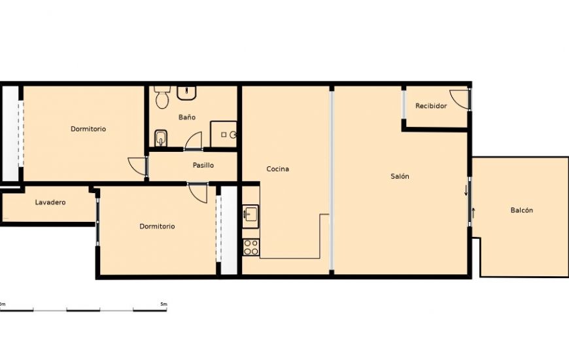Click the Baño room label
[187, 117]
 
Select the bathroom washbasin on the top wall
[187, 92]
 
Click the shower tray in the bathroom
[224, 134]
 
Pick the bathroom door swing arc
[194, 141]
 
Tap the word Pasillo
[203, 165]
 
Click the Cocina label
[277, 169]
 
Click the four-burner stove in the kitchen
[251, 247]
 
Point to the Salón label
[400, 176]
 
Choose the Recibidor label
[431, 105]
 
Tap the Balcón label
[521, 210]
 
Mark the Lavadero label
[50, 202]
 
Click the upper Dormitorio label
[88, 129]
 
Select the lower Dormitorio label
[157, 226]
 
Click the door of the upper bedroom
[138, 166]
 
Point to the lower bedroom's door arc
[198, 192]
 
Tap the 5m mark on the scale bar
[164, 304]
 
